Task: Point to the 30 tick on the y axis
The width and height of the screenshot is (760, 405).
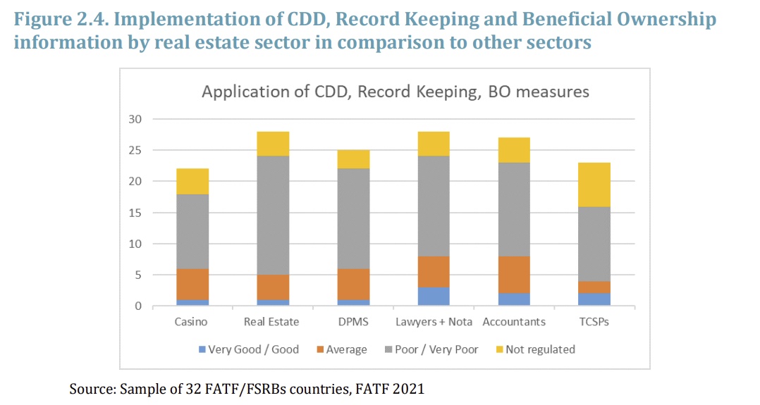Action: coord(136,119)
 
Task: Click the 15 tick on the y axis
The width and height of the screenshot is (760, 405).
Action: coord(136,213)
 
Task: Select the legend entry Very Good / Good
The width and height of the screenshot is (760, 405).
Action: coord(253,349)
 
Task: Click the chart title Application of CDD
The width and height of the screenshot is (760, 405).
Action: coord(396,92)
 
